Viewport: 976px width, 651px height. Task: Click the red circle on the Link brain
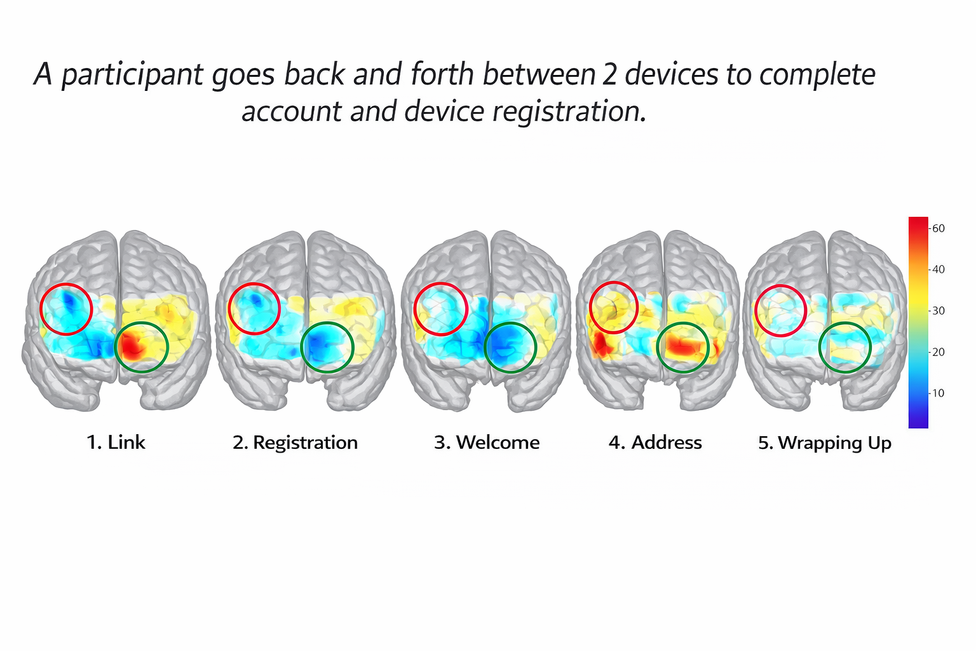(x=67, y=309)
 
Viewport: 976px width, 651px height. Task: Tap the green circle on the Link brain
(x=141, y=346)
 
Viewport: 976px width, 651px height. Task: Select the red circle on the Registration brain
(x=254, y=308)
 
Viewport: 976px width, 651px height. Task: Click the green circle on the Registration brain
(x=327, y=346)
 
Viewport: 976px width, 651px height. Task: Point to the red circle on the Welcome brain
(x=440, y=309)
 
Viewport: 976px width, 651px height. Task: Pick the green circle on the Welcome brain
(x=510, y=347)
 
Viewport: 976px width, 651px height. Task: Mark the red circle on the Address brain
(x=613, y=307)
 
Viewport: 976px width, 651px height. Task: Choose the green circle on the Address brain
(x=682, y=347)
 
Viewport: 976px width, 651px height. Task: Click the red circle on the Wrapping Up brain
(x=781, y=310)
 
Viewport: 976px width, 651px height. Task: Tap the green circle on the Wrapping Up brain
(x=844, y=347)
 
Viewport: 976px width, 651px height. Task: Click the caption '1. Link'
(x=116, y=442)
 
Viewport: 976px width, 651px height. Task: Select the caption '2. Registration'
(x=295, y=442)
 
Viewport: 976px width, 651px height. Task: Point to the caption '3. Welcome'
(x=487, y=442)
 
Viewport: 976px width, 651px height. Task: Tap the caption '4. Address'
(x=655, y=442)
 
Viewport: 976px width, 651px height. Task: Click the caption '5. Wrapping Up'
(x=825, y=442)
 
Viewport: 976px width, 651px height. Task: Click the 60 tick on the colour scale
(x=938, y=228)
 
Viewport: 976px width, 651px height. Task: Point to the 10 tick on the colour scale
(x=938, y=393)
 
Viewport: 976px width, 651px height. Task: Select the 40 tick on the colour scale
(x=938, y=270)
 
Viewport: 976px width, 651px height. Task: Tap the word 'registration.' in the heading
(x=569, y=112)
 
